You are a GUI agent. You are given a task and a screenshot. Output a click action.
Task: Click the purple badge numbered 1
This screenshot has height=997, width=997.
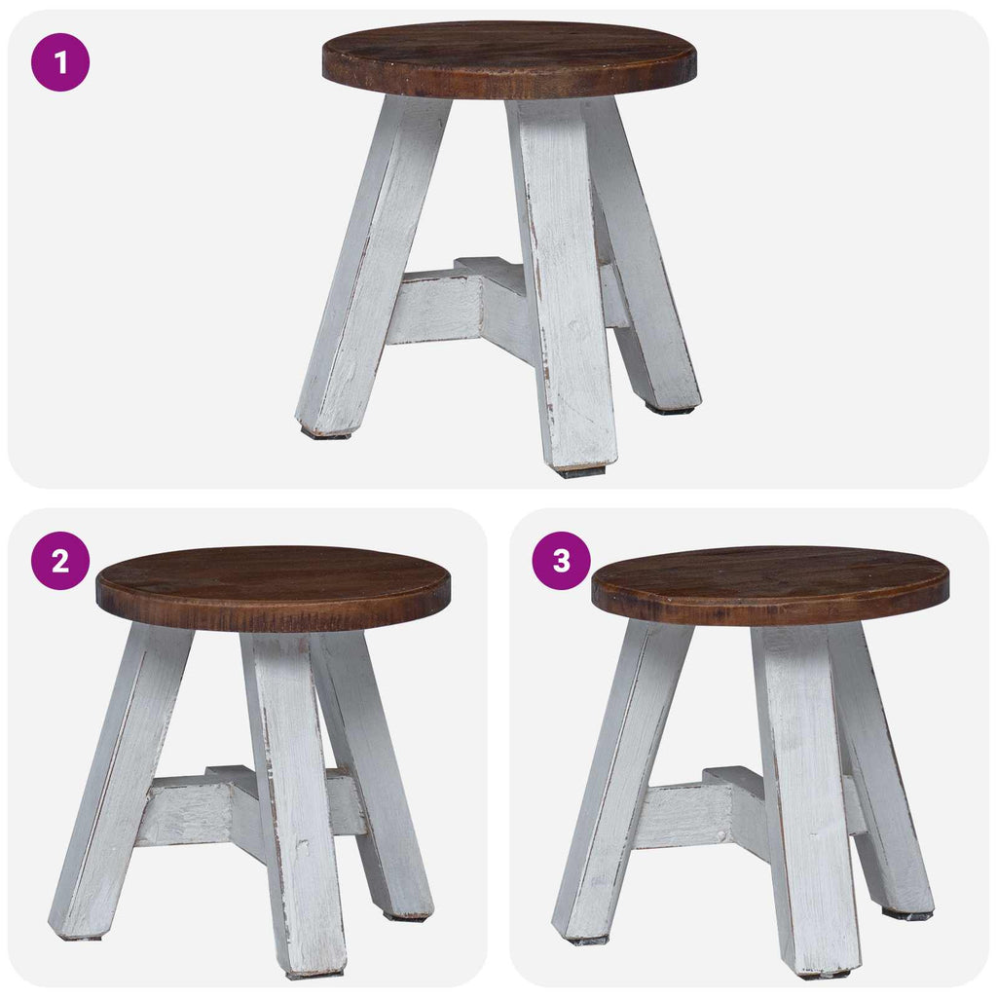[60, 62]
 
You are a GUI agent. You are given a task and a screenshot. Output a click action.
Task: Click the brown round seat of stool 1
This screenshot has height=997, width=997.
[509, 55]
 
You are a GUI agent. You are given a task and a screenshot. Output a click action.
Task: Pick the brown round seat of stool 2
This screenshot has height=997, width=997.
[273, 583]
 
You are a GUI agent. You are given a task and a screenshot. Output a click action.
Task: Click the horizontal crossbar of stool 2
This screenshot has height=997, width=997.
[190, 810]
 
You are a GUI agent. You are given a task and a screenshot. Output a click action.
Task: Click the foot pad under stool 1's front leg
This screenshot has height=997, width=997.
[581, 472]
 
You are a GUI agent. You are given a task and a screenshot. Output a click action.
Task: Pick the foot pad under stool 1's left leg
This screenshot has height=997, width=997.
[324, 434]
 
